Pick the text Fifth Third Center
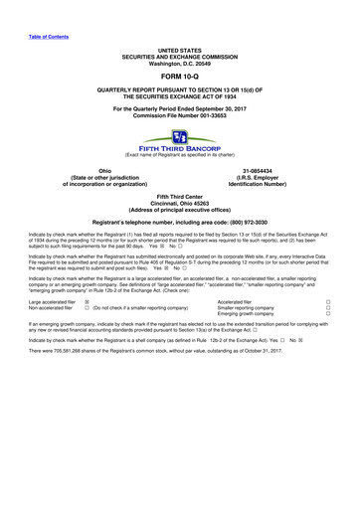point(180,192)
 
